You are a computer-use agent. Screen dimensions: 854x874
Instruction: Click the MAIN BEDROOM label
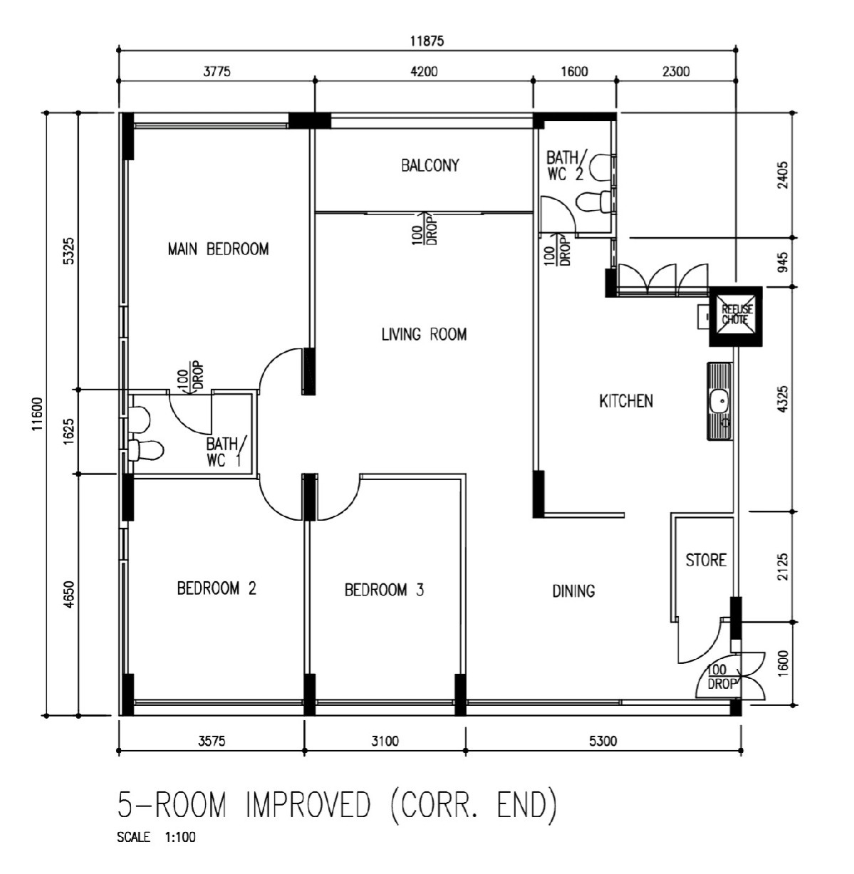click(x=218, y=249)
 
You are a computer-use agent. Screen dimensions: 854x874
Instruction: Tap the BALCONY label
click(x=430, y=165)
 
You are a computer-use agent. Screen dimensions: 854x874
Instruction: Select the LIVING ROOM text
click(x=424, y=334)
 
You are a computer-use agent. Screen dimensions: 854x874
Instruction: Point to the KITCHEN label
click(x=626, y=400)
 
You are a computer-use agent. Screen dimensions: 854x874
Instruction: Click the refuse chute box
click(x=736, y=316)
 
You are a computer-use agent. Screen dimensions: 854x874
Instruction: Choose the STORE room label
click(x=706, y=560)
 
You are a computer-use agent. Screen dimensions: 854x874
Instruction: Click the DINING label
click(x=573, y=591)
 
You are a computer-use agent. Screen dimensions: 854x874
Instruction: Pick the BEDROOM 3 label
click(x=384, y=590)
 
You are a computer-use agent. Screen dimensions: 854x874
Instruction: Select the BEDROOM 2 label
click(x=217, y=588)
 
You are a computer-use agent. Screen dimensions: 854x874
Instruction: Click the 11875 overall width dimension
click(x=427, y=41)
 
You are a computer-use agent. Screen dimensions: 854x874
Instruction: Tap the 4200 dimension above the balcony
click(x=424, y=71)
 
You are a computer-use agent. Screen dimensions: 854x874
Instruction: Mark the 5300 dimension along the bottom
click(x=603, y=741)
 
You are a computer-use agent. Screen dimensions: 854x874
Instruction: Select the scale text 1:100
click(x=180, y=837)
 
